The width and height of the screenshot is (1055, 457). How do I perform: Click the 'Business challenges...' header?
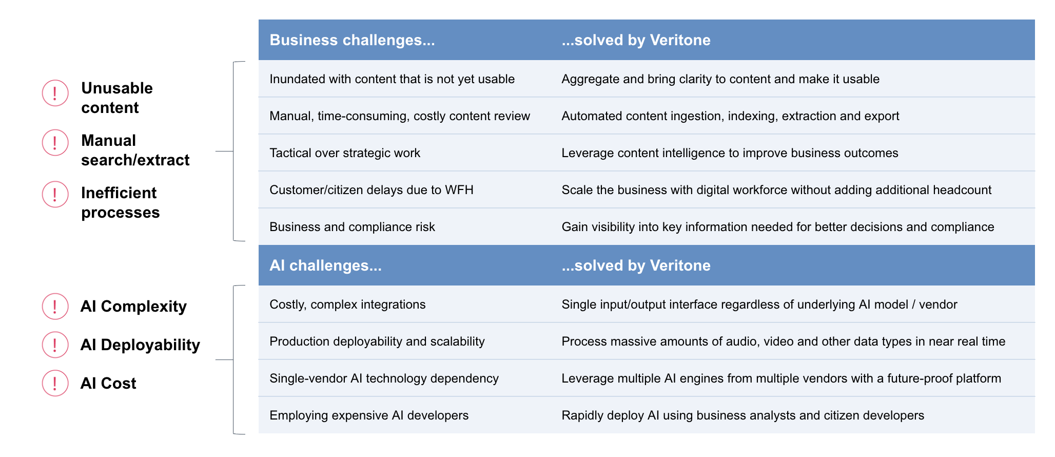[x=352, y=40]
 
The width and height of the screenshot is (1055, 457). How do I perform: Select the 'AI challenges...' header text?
[x=325, y=265]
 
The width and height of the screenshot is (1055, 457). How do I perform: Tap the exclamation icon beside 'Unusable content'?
[x=55, y=93]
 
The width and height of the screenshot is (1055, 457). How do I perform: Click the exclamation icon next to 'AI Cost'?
[x=55, y=383]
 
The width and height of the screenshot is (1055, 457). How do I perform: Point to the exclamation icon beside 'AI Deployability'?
[x=55, y=345]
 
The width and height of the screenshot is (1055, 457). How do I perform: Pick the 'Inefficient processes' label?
[x=121, y=203]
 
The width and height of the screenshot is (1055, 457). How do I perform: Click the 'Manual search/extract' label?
[x=135, y=150]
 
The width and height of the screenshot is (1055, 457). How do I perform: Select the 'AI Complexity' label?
[x=133, y=307]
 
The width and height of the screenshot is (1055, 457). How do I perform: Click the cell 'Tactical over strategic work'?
[x=345, y=153]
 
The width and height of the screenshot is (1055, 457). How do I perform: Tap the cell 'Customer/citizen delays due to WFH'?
[x=372, y=190]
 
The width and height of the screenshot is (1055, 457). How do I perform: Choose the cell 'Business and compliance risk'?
[x=352, y=227]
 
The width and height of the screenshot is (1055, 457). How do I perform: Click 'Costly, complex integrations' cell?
[x=347, y=304]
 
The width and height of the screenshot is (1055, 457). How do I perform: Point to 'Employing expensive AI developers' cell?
[x=369, y=415]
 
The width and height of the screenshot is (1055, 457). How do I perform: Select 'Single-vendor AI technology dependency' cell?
[x=384, y=378]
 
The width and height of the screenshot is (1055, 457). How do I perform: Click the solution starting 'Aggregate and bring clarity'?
[x=720, y=79]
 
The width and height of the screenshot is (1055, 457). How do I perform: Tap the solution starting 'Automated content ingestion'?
[x=730, y=116]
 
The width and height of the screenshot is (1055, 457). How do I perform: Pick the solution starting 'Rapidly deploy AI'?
[x=743, y=415]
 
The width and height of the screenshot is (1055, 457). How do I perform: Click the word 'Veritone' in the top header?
[x=680, y=40]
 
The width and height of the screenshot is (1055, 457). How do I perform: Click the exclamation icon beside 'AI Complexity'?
[x=55, y=307]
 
